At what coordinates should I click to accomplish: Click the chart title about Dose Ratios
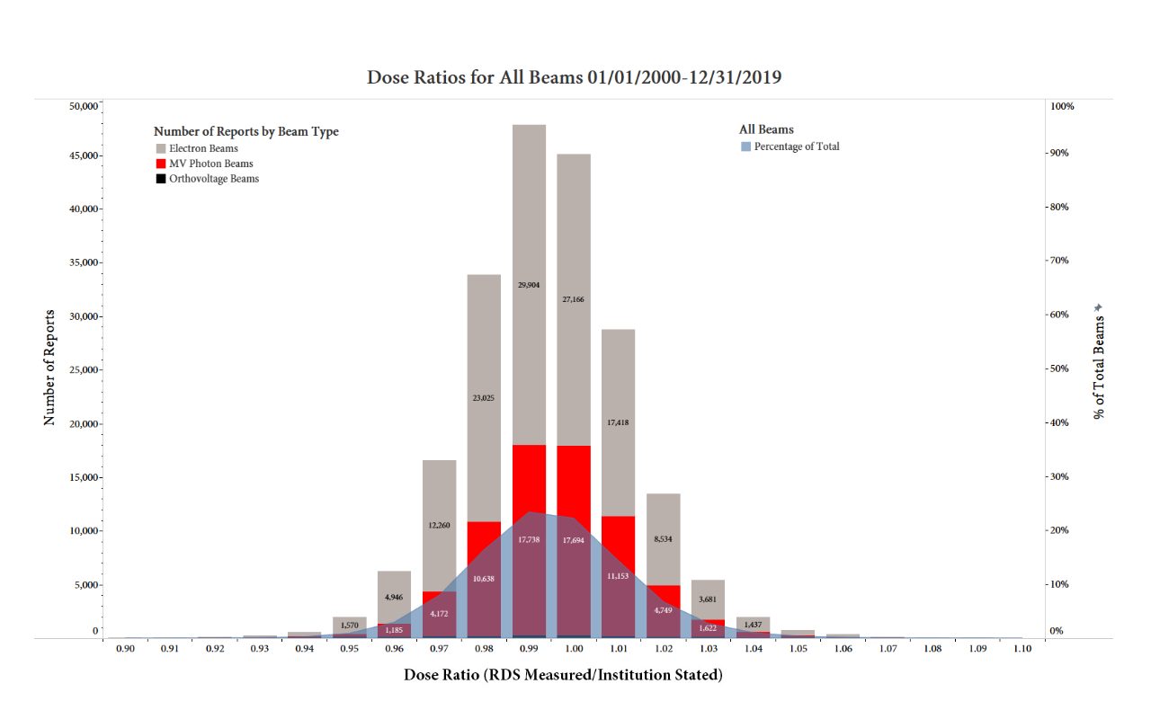574,77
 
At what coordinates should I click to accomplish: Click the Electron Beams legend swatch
161,148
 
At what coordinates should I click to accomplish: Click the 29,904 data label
529,284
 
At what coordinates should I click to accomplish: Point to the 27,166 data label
573,298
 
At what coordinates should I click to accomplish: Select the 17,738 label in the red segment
529,539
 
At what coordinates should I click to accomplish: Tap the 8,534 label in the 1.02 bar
664,539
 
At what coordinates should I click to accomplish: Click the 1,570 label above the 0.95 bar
350,625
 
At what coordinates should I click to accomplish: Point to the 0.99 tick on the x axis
529,648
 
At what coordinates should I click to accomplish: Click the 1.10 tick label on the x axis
1022,648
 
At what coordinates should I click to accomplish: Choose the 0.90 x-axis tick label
125,648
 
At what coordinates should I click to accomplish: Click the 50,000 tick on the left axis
82,106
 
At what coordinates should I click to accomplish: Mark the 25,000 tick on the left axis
82,369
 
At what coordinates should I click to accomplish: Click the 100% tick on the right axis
1062,106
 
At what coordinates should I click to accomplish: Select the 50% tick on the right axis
1061,368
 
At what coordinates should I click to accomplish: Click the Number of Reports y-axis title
49,368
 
